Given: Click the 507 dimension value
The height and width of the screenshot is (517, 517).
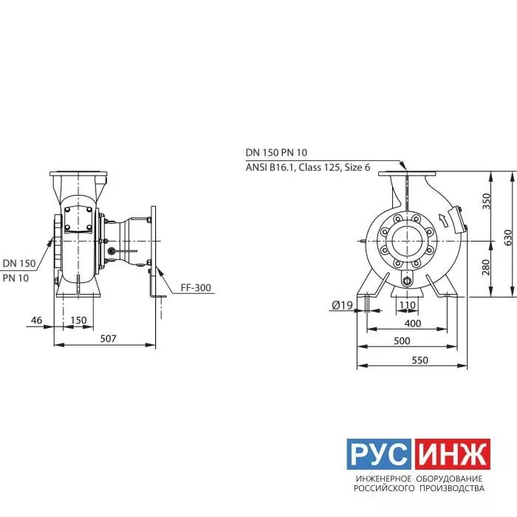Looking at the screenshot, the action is click(x=108, y=338).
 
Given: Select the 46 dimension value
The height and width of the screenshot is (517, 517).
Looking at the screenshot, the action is click(x=37, y=320).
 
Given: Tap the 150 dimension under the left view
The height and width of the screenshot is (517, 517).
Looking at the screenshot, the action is click(x=78, y=320).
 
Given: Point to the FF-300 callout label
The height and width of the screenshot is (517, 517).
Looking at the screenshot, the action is click(x=196, y=288).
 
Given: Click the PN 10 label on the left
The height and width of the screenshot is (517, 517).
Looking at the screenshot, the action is click(x=16, y=278).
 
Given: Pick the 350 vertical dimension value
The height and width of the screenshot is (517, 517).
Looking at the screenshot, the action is click(x=486, y=201).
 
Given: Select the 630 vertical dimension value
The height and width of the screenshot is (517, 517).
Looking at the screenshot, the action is click(x=508, y=237).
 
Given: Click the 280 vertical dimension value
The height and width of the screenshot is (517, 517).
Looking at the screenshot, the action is click(x=486, y=267).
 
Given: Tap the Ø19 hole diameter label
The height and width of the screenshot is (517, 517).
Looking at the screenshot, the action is click(x=342, y=305).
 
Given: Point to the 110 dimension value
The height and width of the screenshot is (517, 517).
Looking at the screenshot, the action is click(x=408, y=305).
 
